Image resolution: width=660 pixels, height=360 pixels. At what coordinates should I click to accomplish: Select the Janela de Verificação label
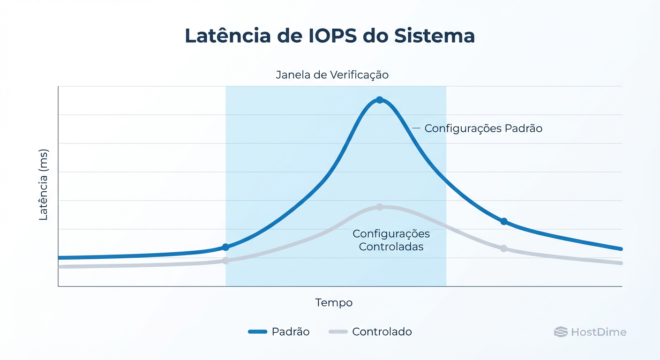coord(332,75)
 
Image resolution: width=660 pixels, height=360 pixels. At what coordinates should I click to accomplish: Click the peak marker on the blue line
coord(380,100)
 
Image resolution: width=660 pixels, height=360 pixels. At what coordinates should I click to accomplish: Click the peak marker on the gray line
coord(380,207)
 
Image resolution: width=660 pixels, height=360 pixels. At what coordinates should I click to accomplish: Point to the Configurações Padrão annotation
coord(483,128)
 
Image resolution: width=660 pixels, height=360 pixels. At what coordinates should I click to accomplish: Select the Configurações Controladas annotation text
coord(391,240)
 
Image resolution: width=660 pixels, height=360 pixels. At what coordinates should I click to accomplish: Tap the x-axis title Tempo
coord(334,303)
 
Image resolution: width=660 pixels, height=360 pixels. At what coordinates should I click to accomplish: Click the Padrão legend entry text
coord(291,332)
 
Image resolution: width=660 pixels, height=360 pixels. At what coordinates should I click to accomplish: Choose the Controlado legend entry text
coord(382,332)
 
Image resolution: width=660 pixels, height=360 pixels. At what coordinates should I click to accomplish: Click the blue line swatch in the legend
coord(257,332)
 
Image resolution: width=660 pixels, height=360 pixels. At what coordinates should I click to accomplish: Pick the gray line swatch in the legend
coord(338,332)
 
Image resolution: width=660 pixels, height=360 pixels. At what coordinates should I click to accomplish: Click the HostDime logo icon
coord(561,332)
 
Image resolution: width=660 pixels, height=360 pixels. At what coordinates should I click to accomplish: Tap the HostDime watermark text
coord(599,332)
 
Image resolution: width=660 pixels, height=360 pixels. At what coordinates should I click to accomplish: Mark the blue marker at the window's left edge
coord(225,247)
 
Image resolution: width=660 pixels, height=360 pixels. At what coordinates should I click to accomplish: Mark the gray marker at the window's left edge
coord(225,260)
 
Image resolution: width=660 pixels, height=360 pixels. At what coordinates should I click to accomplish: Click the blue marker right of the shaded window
coord(504,221)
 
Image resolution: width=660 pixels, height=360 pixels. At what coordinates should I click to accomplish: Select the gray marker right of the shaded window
coord(504,248)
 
